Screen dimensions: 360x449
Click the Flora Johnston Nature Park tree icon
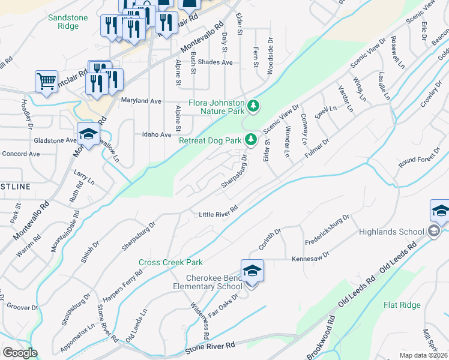(x=254, y=106)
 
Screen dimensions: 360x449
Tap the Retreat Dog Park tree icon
(x=251, y=140)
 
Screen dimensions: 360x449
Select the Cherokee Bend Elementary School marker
(x=252, y=272)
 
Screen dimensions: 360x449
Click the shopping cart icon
(x=46, y=81)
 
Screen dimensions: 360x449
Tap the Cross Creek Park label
(x=170, y=262)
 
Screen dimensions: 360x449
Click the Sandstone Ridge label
(x=63, y=22)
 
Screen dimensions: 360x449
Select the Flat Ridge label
(x=402, y=305)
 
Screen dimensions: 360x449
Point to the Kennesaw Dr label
(x=311, y=257)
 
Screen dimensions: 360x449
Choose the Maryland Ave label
(x=142, y=101)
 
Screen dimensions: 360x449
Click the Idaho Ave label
(x=157, y=135)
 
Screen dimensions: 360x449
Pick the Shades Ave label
(x=215, y=62)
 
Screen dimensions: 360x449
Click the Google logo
(x=20, y=353)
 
